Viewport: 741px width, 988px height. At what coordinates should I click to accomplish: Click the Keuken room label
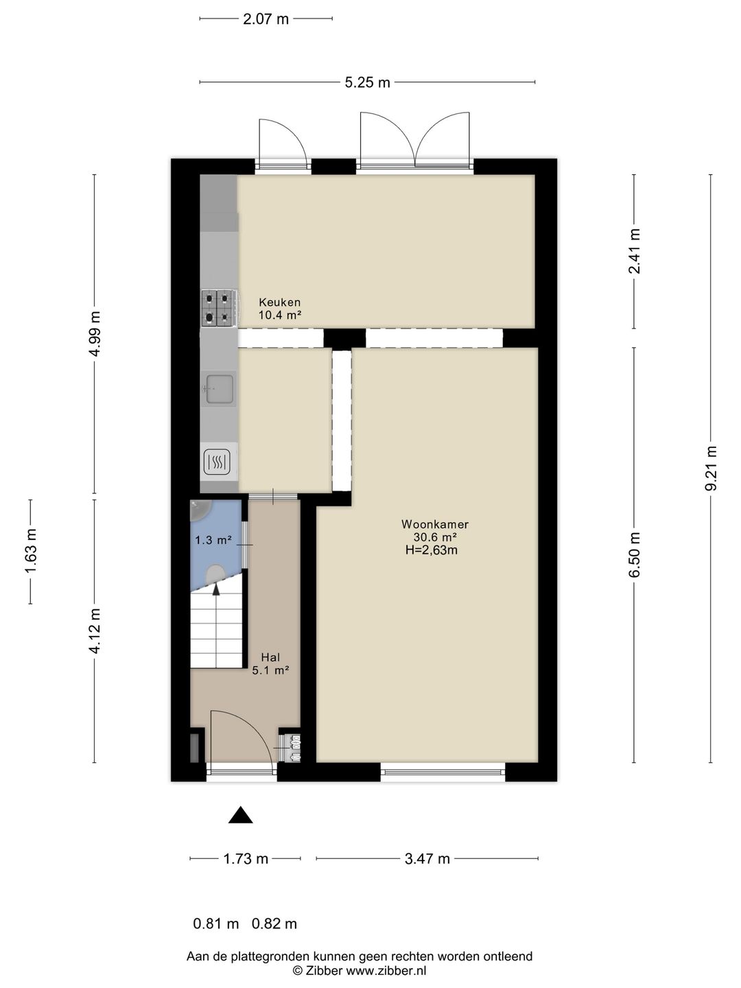click(x=279, y=303)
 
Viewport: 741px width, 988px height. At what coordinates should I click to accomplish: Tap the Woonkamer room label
click(x=435, y=524)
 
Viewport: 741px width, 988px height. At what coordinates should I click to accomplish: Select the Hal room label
click(x=270, y=658)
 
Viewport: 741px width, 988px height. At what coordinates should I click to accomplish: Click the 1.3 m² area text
click(x=213, y=540)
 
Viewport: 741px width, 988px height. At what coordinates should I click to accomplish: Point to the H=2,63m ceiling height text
click(x=432, y=550)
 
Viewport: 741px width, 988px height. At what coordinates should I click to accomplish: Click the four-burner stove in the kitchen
click(x=218, y=308)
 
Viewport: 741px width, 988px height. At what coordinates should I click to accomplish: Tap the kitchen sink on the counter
click(x=219, y=389)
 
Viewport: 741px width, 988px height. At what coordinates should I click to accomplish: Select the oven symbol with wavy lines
click(x=217, y=462)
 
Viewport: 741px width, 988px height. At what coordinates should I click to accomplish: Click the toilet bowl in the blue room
click(x=215, y=574)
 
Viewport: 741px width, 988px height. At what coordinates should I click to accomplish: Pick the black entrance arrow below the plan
click(x=240, y=814)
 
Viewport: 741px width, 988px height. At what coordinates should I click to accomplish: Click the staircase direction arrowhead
click(x=216, y=589)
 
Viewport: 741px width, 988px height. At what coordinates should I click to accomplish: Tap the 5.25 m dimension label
click(x=368, y=83)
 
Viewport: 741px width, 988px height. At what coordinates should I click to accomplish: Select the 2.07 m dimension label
click(x=266, y=19)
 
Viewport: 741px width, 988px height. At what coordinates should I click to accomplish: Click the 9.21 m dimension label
click(x=711, y=469)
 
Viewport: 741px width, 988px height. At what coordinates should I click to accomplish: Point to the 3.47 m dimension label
click(x=427, y=859)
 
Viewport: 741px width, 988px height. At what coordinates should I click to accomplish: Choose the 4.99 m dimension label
click(x=95, y=333)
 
